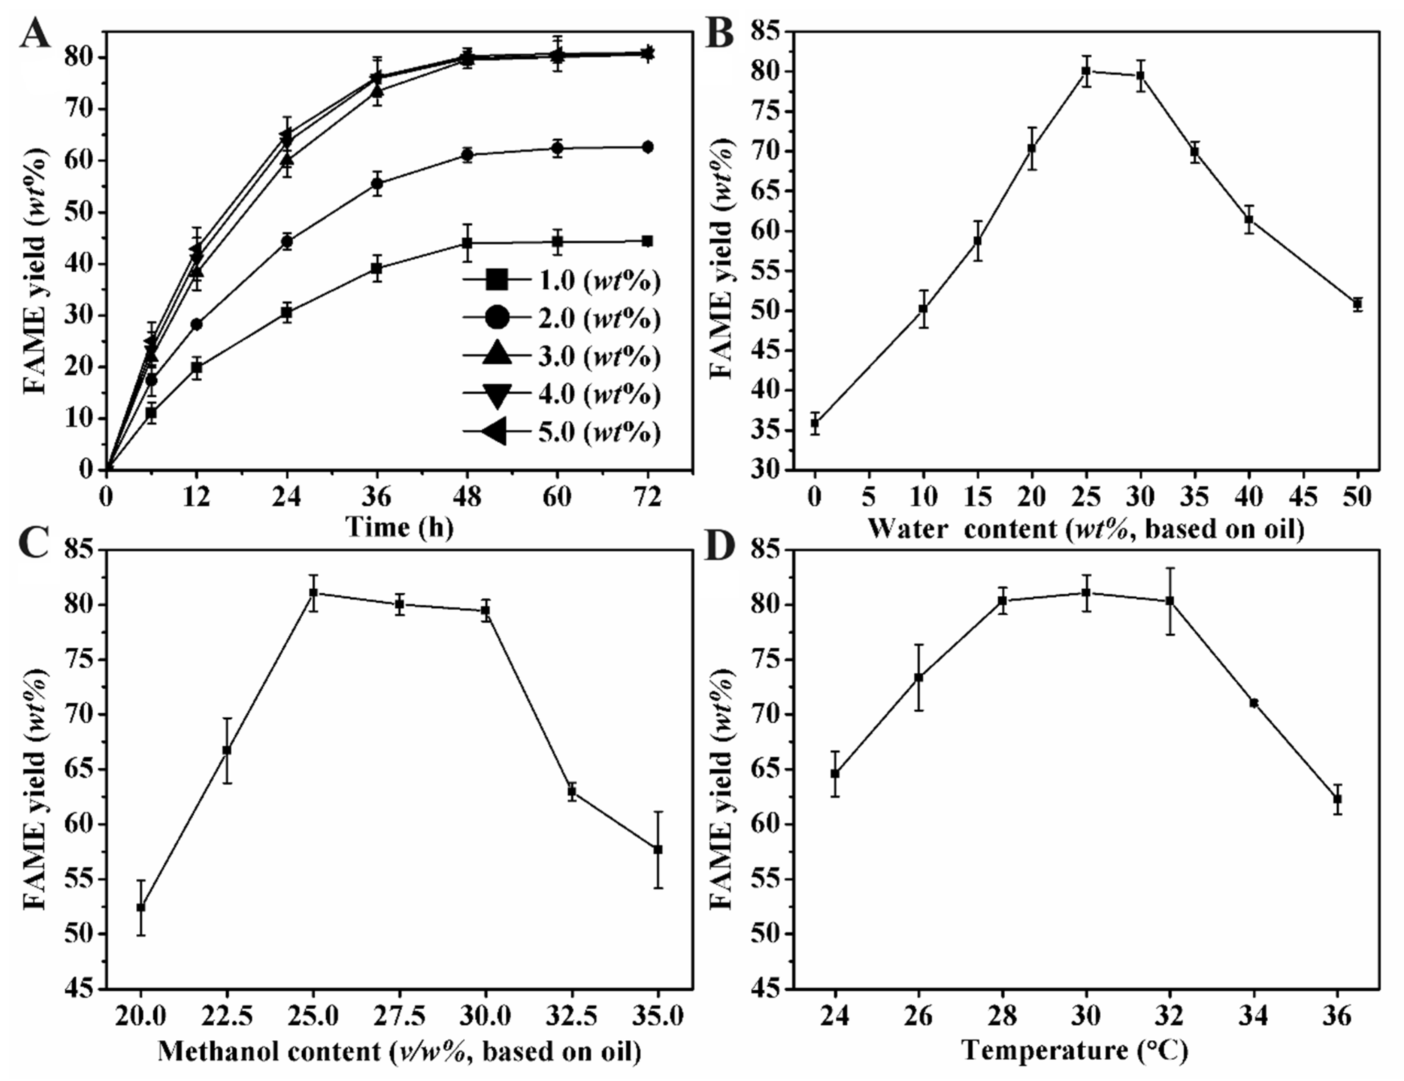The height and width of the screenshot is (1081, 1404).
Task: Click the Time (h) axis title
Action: click(399, 527)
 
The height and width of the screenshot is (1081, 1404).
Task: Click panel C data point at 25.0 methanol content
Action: click(313, 593)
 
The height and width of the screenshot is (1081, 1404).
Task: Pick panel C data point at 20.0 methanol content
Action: click(141, 908)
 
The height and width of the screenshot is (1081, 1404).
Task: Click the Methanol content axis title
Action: click(399, 1052)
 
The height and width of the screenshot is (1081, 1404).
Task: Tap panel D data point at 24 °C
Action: click(835, 774)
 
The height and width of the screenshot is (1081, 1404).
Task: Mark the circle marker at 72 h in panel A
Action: click(647, 147)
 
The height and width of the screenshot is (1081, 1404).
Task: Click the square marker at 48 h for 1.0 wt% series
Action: click(467, 243)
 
